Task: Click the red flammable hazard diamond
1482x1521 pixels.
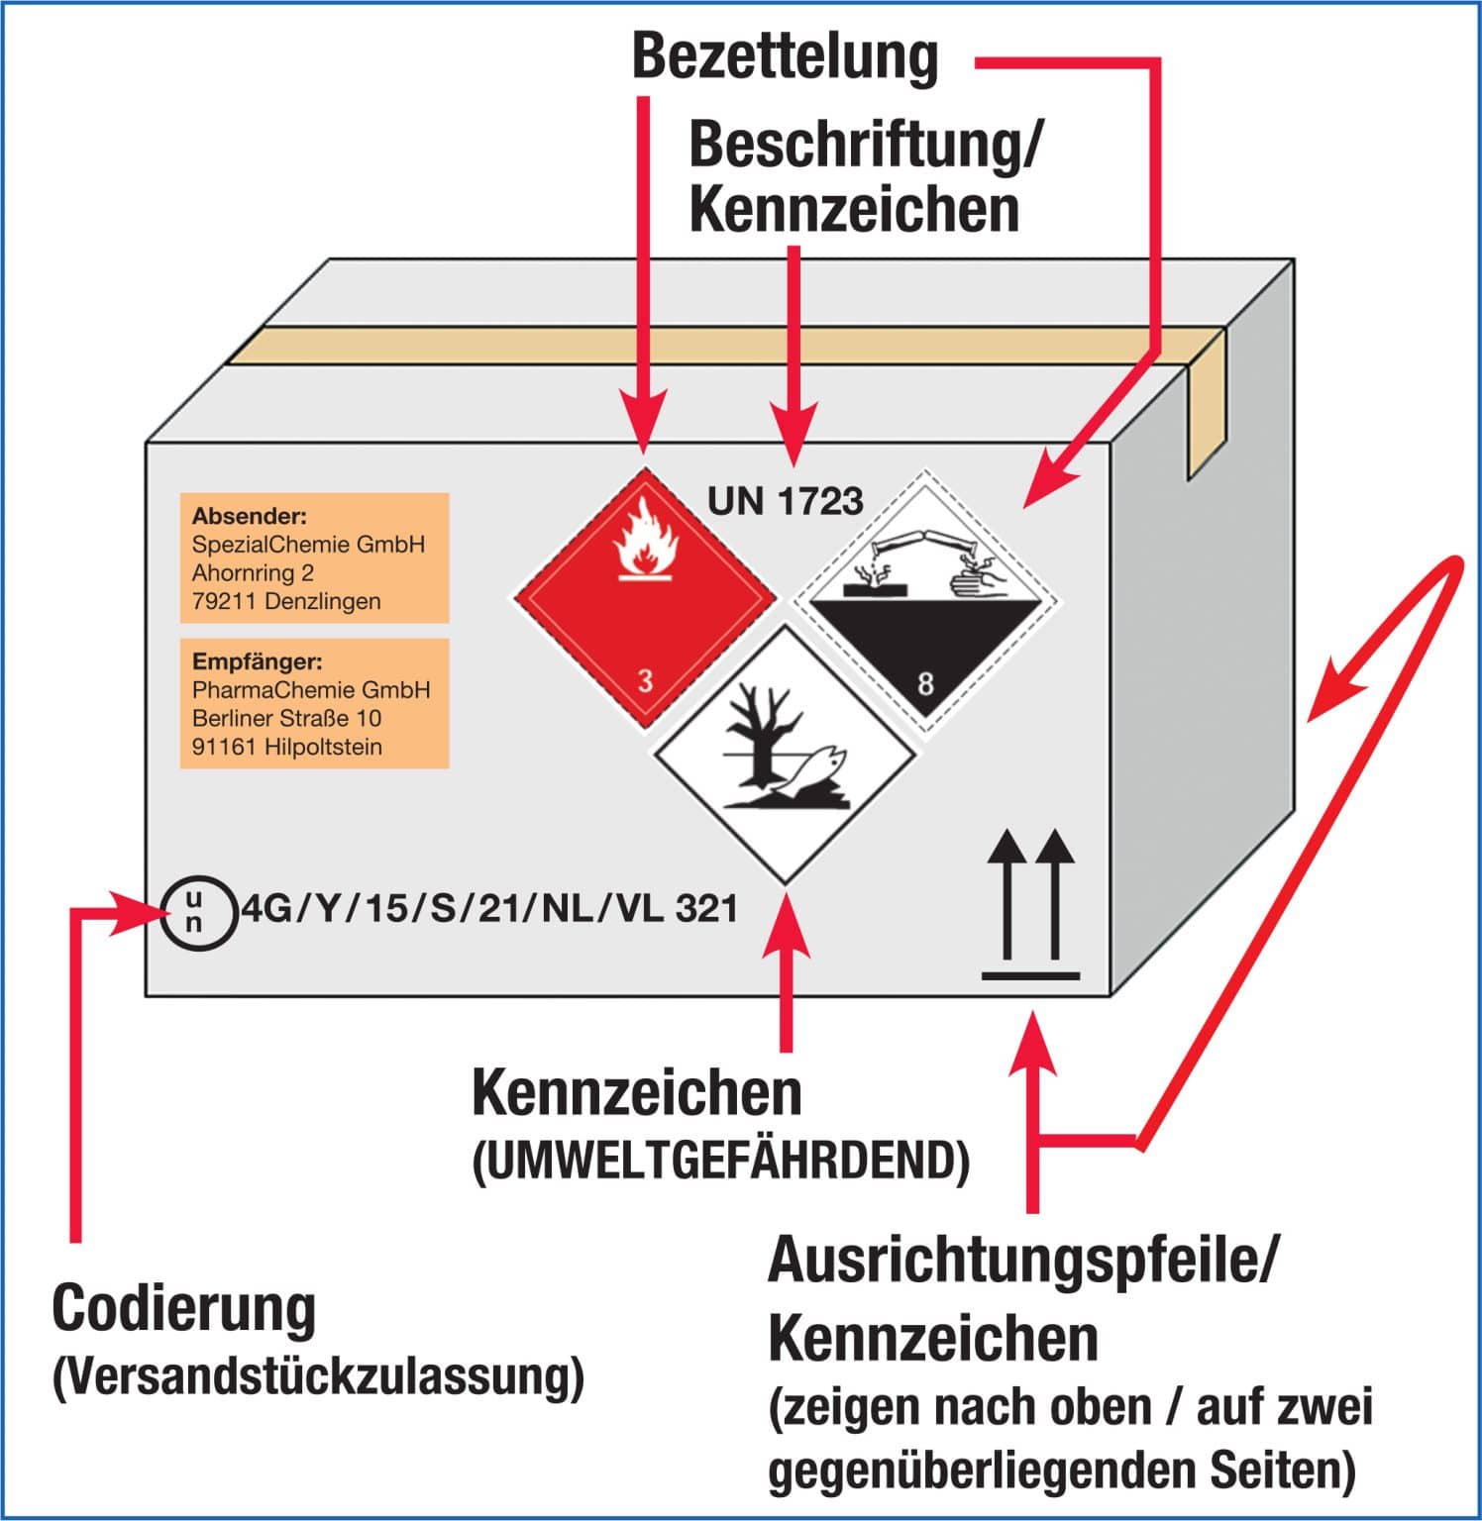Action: coord(645,599)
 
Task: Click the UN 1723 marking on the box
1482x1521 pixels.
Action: coord(785,501)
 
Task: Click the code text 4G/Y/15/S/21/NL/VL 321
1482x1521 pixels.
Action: coord(489,908)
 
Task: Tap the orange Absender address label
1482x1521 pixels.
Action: coord(314,558)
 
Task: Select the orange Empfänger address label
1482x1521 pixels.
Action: coord(314,703)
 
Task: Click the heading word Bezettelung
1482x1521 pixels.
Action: coord(785,56)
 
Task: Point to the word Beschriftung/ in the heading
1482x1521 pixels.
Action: coord(866,145)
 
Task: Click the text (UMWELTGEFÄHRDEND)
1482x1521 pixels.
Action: coord(720,1161)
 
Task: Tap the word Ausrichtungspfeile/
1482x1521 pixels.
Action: coord(1023,1261)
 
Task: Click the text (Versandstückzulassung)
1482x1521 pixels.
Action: coord(317,1376)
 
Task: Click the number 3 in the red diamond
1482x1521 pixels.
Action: coord(646,680)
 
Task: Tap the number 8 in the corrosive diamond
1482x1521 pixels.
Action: coord(925,683)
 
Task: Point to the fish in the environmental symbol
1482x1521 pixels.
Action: coord(814,765)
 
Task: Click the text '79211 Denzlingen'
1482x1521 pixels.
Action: coord(286,601)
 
